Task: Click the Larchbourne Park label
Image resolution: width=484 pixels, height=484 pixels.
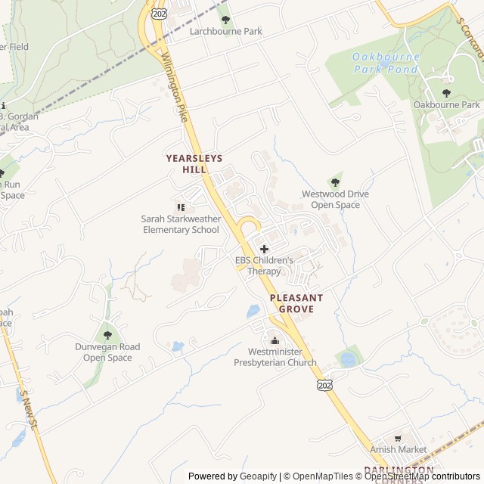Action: click(x=225, y=32)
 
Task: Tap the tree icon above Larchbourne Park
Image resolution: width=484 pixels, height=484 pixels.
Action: click(x=225, y=19)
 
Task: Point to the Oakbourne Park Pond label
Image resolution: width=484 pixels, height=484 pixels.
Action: click(x=385, y=63)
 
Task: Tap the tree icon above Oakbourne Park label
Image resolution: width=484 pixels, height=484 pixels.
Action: click(x=446, y=92)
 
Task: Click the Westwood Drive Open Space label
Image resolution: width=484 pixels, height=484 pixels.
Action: click(x=335, y=200)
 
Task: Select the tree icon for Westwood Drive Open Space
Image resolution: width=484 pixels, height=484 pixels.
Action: click(x=335, y=182)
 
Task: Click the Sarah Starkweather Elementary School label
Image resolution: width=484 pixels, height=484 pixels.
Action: click(x=181, y=224)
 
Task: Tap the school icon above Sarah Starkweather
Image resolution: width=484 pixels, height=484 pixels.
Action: click(x=181, y=206)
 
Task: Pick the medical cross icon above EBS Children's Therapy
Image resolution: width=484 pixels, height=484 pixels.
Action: click(x=264, y=249)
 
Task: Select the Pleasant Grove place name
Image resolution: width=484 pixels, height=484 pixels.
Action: click(x=296, y=303)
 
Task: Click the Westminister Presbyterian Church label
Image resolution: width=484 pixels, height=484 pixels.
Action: click(x=275, y=357)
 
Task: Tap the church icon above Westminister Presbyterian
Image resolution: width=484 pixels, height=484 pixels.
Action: click(x=275, y=340)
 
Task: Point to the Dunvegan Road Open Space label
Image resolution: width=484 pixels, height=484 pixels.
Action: click(x=107, y=352)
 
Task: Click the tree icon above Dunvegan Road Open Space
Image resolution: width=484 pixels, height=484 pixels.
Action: click(x=107, y=334)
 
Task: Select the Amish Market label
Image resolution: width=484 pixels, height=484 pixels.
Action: click(x=398, y=449)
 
